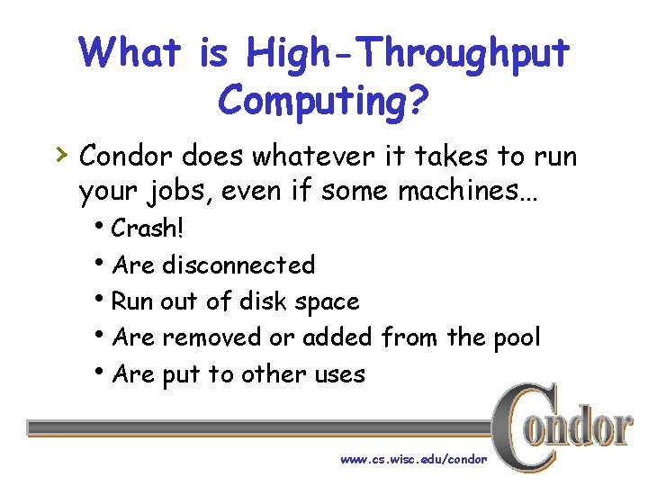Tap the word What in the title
(130, 52)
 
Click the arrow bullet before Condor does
(60, 155)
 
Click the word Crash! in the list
(148, 229)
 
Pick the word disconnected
(238, 265)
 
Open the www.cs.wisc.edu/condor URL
(413, 459)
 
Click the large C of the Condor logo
(521, 423)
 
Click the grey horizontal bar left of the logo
(261, 427)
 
